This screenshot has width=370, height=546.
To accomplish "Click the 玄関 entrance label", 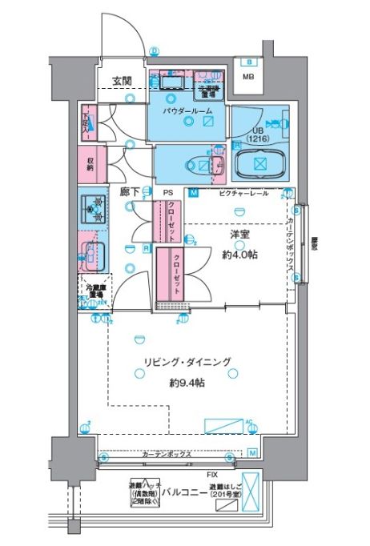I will (x=122, y=80).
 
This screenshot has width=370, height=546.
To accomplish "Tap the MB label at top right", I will (x=251, y=77).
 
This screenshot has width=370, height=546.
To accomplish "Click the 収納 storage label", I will (x=90, y=163).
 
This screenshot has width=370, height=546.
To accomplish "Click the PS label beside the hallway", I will (x=168, y=193).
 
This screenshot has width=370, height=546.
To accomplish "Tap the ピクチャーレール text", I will (x=239, y=193).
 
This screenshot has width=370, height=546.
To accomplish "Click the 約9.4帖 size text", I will (x=187, y=383).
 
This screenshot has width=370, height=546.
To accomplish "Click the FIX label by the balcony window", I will (x=189, y=475).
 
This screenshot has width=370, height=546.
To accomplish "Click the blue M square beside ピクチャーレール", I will (x=193, y=193).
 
